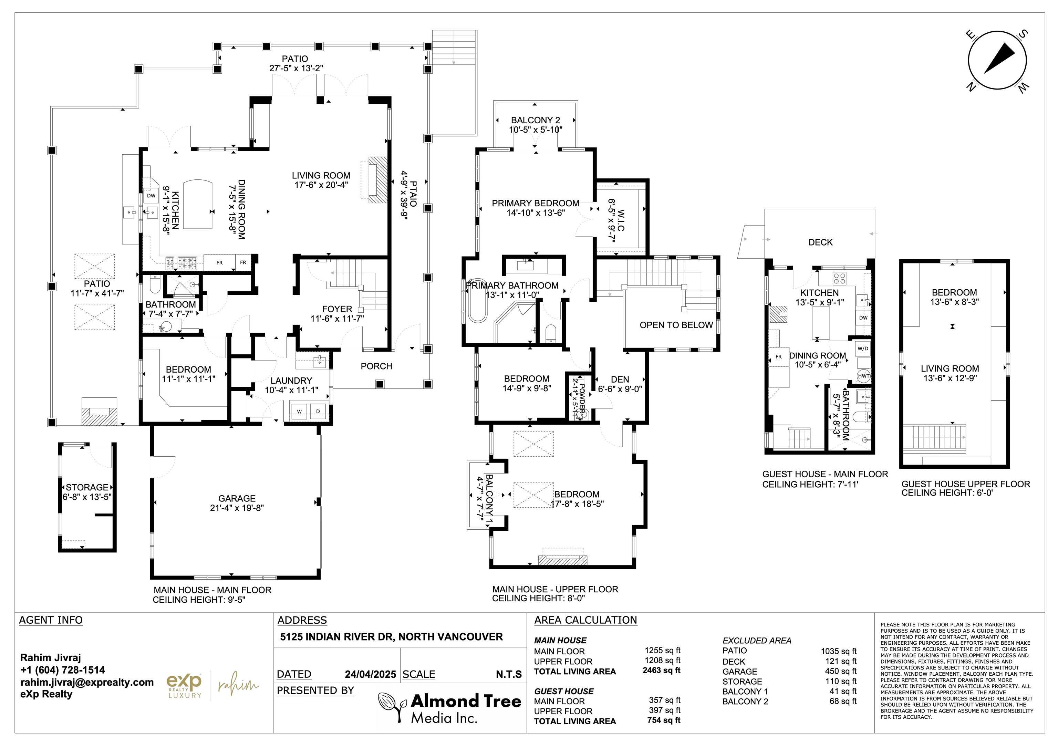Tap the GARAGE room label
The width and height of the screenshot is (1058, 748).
237,498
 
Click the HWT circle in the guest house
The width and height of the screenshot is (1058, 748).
863,376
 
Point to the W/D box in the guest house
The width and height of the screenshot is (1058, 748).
863,349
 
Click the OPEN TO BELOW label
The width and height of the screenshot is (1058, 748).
676,325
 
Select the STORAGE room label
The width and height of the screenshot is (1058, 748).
87,487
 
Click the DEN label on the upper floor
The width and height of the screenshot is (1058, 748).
620,379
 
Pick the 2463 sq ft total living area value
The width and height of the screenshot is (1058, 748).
661,671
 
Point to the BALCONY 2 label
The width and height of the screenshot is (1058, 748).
536,120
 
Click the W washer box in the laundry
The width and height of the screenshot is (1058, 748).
300,412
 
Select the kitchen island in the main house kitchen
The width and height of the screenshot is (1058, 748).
198,204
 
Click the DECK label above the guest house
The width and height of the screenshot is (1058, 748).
820,242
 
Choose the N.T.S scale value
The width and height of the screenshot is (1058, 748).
509,674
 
